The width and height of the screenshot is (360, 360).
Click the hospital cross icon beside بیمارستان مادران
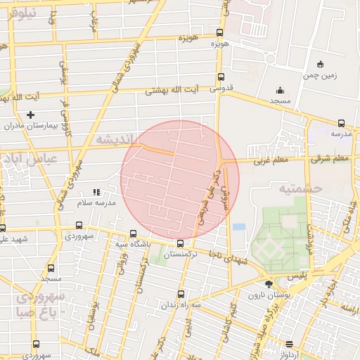pos(30,115)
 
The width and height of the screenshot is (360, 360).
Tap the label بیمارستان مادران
pos(29,125)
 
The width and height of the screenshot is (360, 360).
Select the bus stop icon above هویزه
pos(220,32)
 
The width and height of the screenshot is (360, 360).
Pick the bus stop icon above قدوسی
pos(221,77)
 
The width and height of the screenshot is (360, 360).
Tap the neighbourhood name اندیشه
pos(112,139)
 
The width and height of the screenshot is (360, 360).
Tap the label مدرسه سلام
pos(95,202)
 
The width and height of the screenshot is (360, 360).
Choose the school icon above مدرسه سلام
pos(97,191)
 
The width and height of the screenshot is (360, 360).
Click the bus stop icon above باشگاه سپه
pos(134,233)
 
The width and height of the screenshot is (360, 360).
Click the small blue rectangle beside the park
pos(239,228)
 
